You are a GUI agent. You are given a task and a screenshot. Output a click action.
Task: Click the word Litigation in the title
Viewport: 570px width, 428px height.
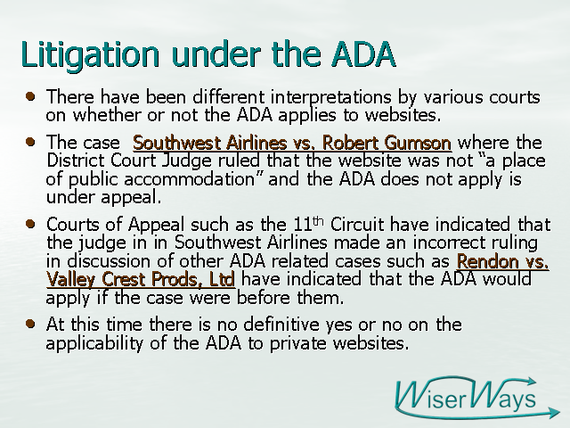click(90, 54)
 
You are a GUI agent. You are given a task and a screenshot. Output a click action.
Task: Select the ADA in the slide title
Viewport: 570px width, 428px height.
click(363, 53)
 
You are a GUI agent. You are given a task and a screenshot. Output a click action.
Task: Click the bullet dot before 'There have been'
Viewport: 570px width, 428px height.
click(30, 96)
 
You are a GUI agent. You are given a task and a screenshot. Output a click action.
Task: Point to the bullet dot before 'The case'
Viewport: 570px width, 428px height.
click(30, 142)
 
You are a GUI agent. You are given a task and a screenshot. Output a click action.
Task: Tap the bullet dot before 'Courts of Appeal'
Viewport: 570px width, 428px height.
click(30, 224)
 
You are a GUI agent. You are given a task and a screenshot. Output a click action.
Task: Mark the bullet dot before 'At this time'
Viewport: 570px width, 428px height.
click(30, 324)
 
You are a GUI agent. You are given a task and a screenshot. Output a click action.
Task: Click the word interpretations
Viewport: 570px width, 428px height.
click(330, 97)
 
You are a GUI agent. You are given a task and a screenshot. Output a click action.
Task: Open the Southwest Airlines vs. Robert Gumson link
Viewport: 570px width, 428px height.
click(292, 143)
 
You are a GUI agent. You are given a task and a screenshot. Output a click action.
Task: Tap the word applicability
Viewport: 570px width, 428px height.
click(94, 343)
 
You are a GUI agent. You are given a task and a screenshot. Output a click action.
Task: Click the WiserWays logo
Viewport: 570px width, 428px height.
click(476, 398)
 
